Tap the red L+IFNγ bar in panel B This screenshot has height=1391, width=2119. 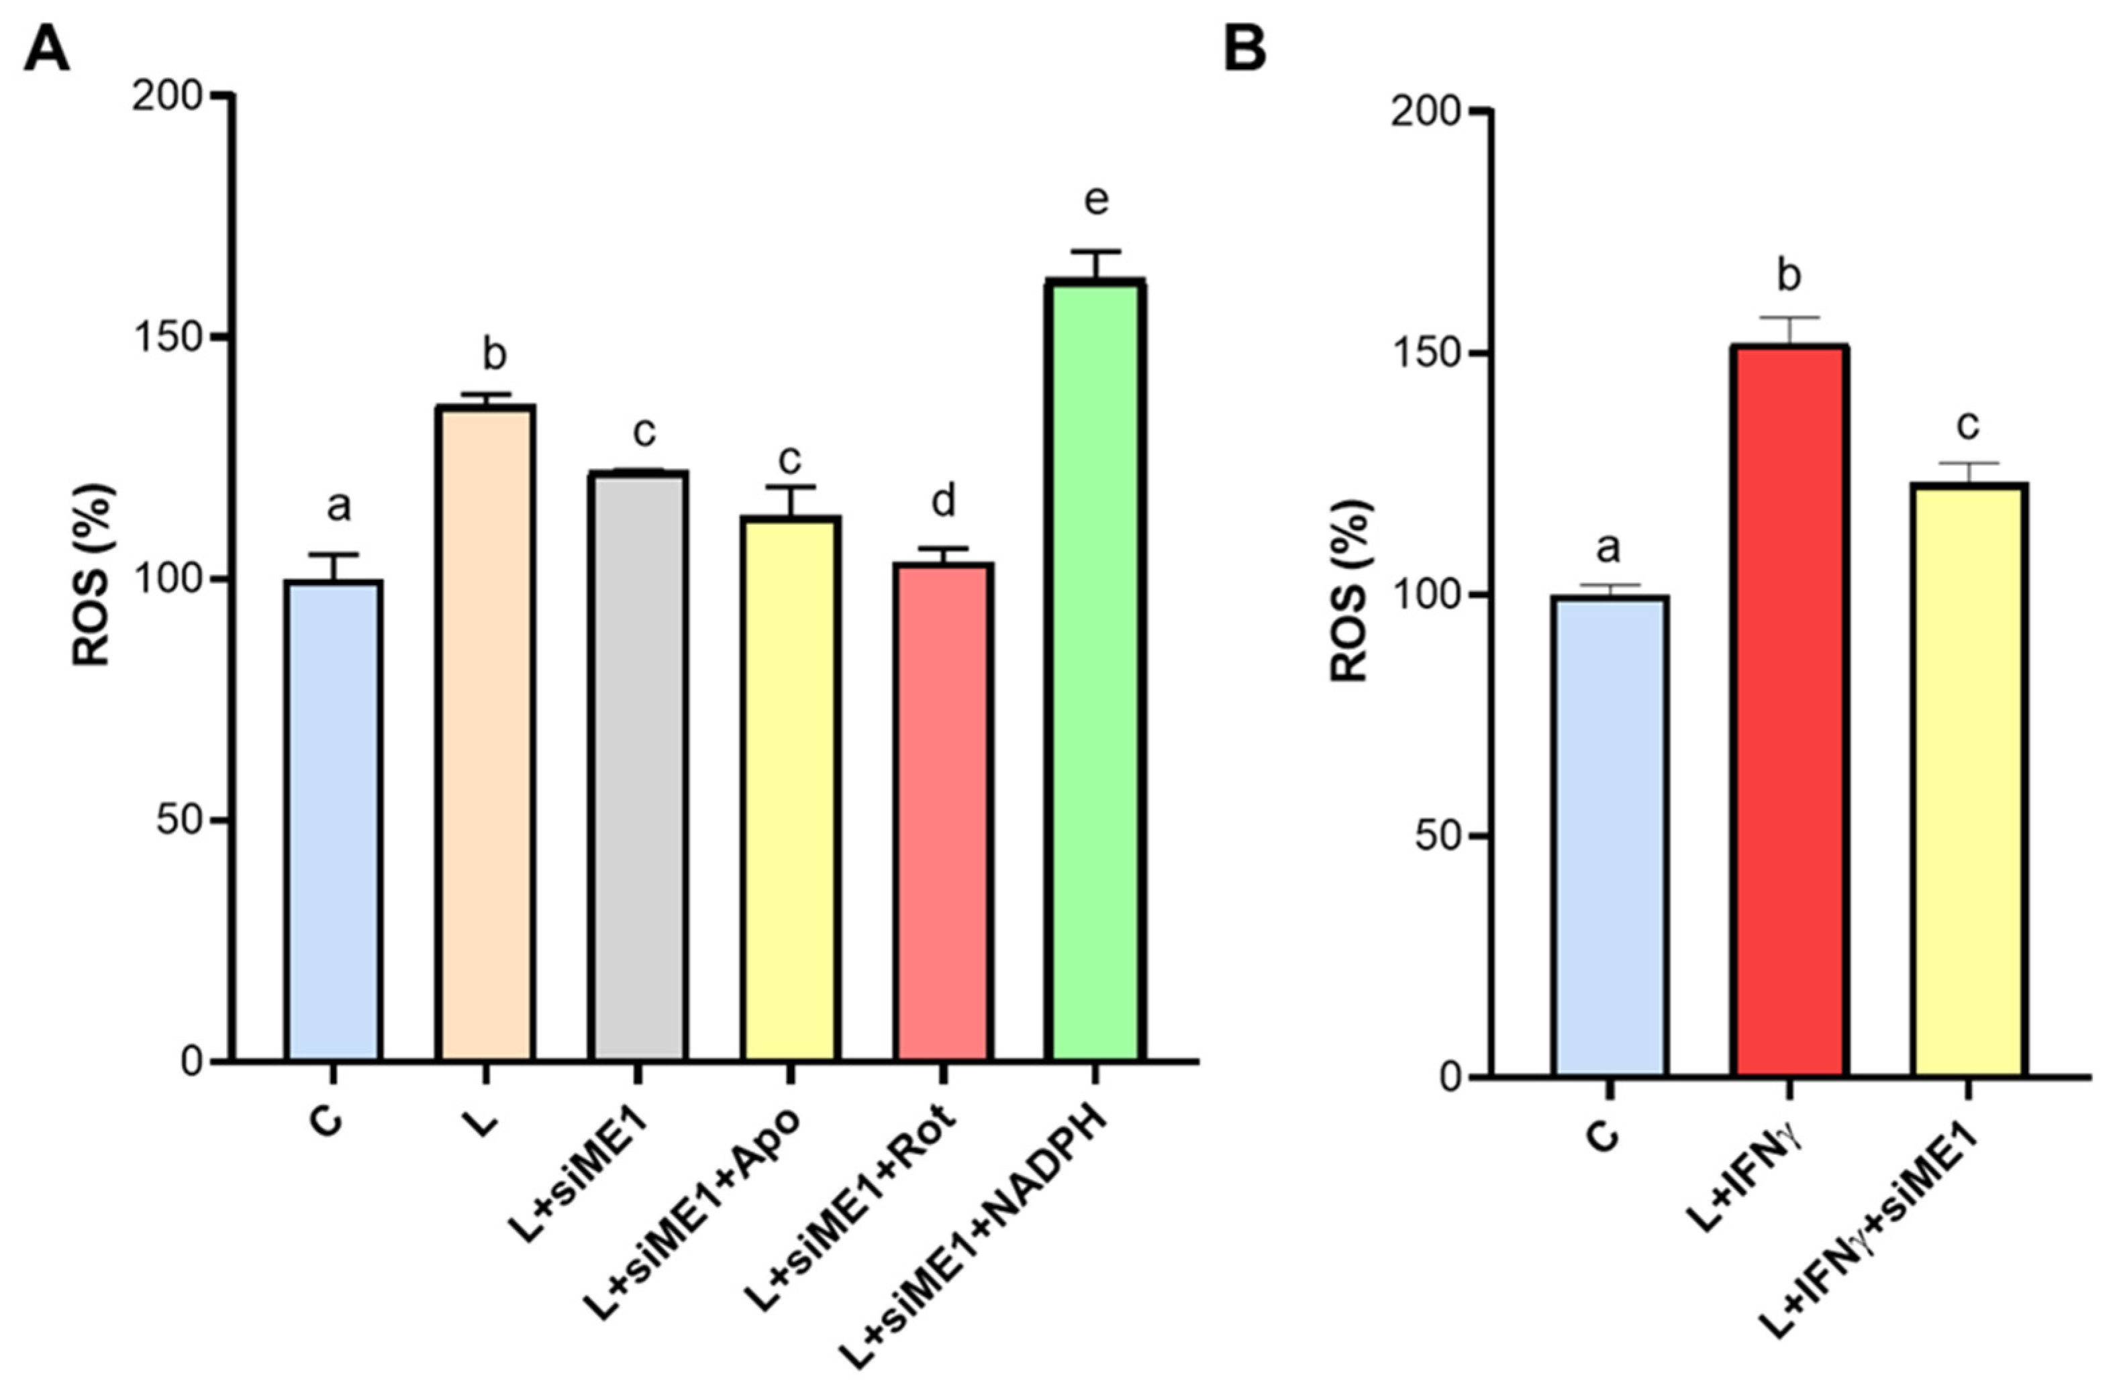click(x=1789, y=712)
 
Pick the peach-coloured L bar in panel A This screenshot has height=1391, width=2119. click(x=485, y=734)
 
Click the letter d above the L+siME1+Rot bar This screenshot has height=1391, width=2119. click(x=943, y=501)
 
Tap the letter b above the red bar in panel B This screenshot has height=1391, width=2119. click(x=1789, y=276)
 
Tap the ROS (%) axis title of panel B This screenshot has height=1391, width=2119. click(x=1350, y=592)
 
